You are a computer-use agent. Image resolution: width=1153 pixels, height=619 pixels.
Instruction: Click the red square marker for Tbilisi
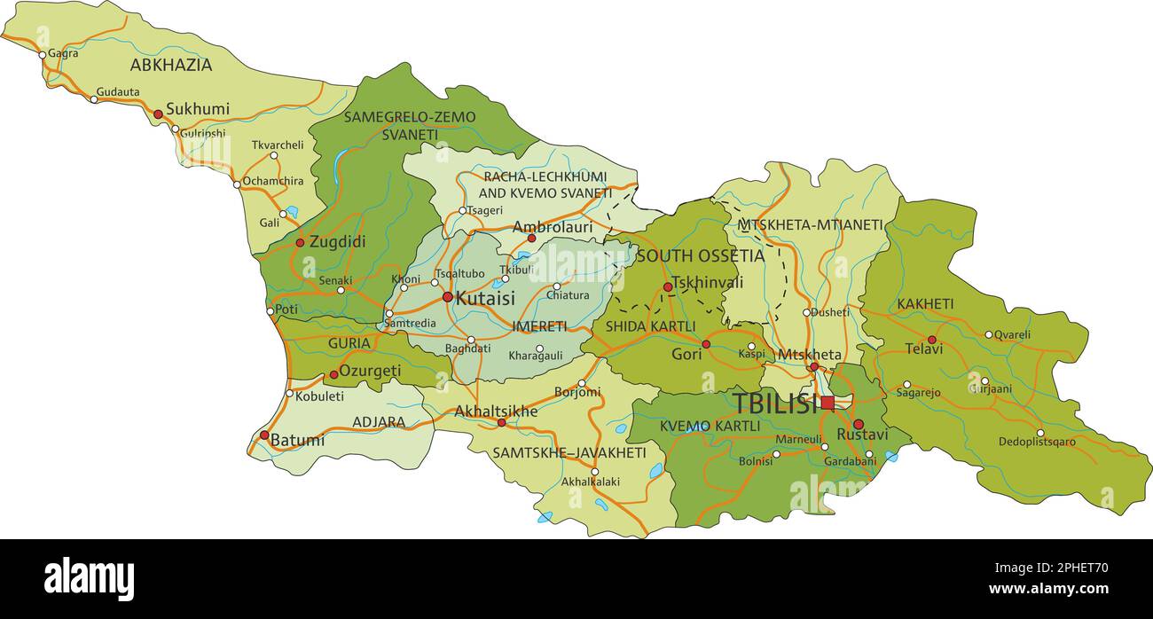(827, 403)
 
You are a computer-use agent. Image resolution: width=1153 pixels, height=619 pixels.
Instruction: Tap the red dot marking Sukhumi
(158, 114)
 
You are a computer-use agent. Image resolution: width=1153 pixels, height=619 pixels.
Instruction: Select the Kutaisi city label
(484, 298)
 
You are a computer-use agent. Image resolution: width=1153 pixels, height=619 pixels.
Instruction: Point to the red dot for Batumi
(264, 435)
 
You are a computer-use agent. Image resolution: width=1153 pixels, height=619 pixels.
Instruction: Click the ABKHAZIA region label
(171, 65)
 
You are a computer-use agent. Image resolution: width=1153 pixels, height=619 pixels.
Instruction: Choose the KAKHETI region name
(925, 304)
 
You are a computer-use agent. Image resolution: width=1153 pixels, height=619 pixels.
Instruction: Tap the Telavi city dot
(931, 340)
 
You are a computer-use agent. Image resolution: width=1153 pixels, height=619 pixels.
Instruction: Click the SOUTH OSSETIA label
(700, 256)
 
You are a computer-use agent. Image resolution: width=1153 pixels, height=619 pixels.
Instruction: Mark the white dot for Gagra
(42, 55)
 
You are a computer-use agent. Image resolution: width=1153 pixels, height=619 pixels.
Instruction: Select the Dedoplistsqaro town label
(1037, 442)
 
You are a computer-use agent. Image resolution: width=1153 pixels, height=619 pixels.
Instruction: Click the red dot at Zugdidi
(300, 242)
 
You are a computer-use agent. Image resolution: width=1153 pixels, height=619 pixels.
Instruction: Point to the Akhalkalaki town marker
(595, 472)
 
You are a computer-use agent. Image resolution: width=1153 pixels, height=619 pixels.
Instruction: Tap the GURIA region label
(349, 343)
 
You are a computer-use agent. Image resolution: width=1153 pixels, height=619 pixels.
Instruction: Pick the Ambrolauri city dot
(531, 238)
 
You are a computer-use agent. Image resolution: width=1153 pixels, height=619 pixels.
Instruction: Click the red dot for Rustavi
(858, 424)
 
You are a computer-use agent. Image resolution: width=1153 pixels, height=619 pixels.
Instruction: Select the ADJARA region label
(379, 422)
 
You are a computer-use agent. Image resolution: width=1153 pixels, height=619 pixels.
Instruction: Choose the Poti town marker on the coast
(271, 311)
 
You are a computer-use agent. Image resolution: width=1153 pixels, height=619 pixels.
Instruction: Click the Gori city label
(686, 355)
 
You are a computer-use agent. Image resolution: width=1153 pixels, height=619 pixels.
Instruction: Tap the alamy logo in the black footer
(89, 579)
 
